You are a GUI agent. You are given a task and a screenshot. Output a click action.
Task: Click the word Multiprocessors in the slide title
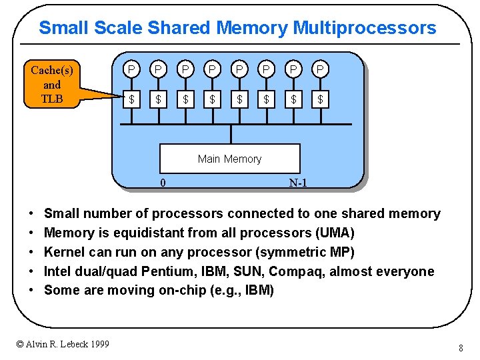click(365, 28)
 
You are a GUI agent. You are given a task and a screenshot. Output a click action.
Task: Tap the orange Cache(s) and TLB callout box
click(52, 85)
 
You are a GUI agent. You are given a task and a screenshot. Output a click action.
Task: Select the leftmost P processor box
click(132, 69)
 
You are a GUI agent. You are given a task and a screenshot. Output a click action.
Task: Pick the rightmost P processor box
click(321, 69)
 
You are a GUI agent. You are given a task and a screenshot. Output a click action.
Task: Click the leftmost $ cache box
click(132, 99)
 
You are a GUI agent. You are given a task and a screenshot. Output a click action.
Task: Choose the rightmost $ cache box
click(321, 99)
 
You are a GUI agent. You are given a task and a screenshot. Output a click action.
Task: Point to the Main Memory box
click(229, 159)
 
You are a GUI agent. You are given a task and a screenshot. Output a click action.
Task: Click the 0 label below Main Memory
click(163, 183)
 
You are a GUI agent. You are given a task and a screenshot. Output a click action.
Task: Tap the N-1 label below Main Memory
click(298, 183)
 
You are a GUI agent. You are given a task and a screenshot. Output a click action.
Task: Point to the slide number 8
click(461, 348)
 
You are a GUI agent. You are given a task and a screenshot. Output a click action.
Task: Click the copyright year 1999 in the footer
click(97, 344)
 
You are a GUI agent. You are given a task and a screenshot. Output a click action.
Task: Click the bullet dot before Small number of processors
click(32, 214)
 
